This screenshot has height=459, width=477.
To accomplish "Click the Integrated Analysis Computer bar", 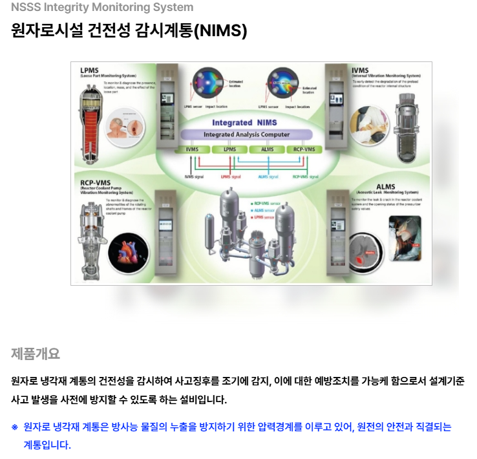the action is [246, 135].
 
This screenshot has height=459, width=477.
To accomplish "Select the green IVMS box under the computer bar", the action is [192, 149].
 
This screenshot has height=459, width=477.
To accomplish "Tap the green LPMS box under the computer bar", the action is [229, 149].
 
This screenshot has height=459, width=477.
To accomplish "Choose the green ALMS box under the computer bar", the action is [267, 149].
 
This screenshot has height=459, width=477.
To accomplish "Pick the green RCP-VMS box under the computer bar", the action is [304, 149].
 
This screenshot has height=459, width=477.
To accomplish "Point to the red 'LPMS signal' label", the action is [231, 176].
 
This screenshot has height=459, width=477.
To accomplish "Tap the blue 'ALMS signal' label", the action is [268, 176].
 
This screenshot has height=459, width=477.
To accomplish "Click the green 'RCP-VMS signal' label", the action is [305, 176].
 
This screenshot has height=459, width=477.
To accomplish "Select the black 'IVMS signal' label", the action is [194, 176].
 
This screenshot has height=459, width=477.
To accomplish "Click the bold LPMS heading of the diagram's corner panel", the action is [90, 70].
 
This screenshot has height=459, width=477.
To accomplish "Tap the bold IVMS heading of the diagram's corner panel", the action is [361, 70].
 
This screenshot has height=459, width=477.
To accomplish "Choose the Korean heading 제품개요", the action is [35, 354].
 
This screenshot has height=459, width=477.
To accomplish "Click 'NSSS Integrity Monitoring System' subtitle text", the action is [101, 8].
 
